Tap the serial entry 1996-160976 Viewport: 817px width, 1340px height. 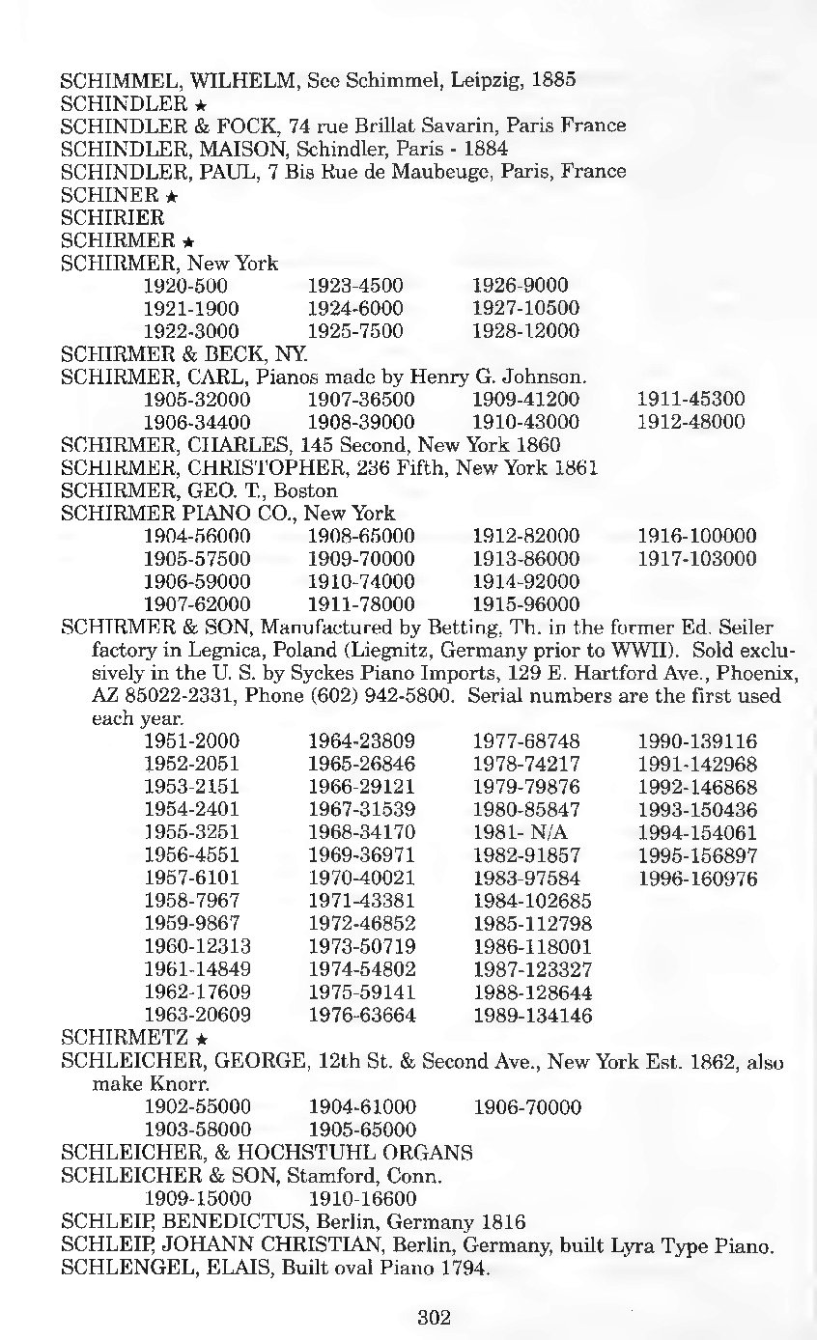pyautogui.click(x=697, y=879)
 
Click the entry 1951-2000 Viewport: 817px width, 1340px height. pyautogui.click(x=191, y=741)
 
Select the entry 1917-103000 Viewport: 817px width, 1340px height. pyautogui.click(x=697, y=559)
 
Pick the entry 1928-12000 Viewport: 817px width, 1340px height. pyautogui.click(x=525, y=331)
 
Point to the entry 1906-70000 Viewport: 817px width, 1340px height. pyautogui.click(x=526, y=1106)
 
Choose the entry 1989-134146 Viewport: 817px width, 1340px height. pyautogui.click(x=532, y=1015)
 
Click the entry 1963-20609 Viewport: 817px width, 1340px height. pyautogui.click(x=197, y=1015)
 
